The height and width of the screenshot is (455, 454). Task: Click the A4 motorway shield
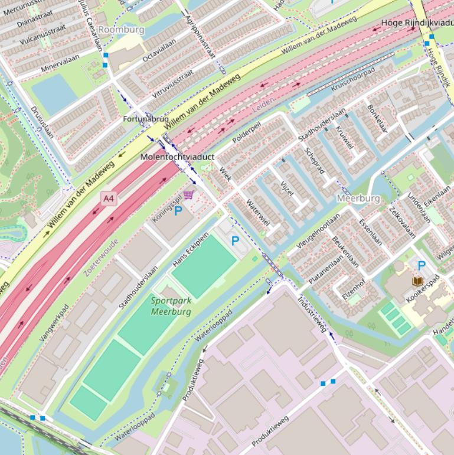(108, 199)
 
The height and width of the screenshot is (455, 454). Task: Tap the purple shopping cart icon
(188, 194)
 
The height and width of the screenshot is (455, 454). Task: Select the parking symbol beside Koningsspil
(178, 210)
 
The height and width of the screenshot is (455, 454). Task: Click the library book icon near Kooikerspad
(417, 281)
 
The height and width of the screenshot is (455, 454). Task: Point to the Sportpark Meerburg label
(171, 306)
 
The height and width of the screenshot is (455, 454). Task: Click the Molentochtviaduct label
(177, 157)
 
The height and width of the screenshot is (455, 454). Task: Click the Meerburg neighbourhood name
(358, 198)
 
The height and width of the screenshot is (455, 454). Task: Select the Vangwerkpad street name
(54, 323)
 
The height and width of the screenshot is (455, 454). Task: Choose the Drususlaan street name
(42, 122)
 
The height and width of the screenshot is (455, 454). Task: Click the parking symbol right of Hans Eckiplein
(235, 240)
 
